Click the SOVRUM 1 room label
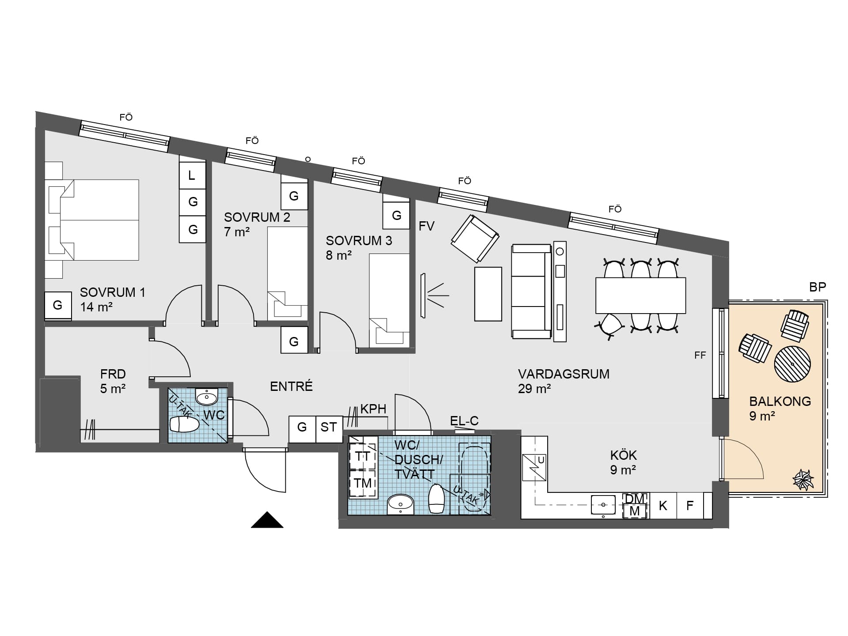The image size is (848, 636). [112, 292]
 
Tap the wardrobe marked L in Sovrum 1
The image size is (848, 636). [192, 175]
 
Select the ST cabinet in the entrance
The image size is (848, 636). [329, 429]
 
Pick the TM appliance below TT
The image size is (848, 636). [363, 483]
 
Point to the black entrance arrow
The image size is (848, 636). [267, 520]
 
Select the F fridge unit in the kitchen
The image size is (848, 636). [690, 505]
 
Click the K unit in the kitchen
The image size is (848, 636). [663, 505]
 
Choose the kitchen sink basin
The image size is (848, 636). [603, 505]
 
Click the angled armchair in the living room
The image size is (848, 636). [475, 238]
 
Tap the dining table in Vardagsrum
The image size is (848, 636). [640, 295]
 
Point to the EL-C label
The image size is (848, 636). [464, 421]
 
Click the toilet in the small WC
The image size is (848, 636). [185, 424]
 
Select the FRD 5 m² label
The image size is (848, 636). [113, 381]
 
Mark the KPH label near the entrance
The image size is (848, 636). [373, 409]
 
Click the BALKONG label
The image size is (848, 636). [780, 401]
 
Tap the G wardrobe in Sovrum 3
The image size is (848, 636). [396, 215]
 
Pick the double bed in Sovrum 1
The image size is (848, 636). [91, 220]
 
